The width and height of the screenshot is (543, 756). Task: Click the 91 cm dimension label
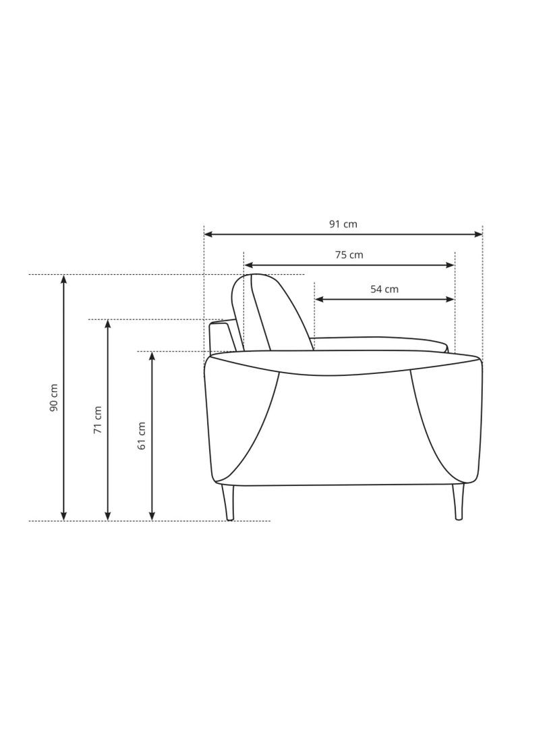pos(343,223)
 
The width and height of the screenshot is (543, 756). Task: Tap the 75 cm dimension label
pos(349,254)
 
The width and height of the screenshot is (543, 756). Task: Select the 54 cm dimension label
pos(384,290)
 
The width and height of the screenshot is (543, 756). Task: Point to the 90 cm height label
pos(54,398)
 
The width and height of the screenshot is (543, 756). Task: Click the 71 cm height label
pos(97,419)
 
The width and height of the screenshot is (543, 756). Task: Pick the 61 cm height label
pos(142,436)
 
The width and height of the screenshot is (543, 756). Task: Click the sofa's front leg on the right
pos(458,502)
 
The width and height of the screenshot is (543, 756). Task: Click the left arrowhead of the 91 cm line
pos(208,234)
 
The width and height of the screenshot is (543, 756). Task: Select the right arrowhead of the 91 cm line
pos(478,234)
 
